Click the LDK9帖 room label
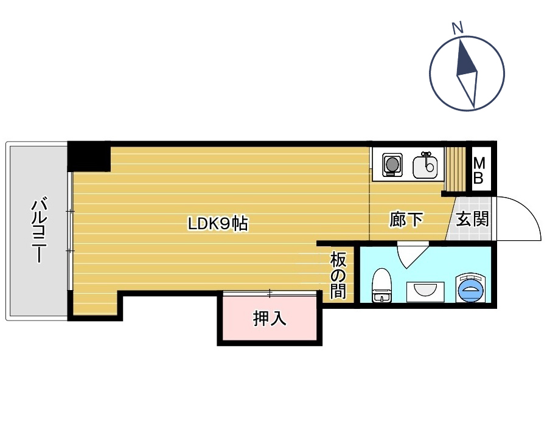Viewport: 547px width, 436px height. coord(218,224)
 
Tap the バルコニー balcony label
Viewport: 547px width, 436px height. coord(39,230)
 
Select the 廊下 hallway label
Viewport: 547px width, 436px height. coord(406,220)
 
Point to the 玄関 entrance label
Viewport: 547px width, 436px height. coord(472,219)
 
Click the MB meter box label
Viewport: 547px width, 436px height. coord(479,170)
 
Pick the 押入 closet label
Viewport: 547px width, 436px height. coord(270,318)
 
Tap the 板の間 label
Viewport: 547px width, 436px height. coord(338,275)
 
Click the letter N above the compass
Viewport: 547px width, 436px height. coord(458,28)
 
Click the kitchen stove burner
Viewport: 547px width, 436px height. coord(392,165)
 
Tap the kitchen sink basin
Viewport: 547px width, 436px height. coord(425,167)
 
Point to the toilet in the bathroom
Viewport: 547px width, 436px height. coord(382,285)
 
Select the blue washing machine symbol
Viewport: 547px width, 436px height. coord(470,288)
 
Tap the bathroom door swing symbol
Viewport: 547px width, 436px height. coord(413,254)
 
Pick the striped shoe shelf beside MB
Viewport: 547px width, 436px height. coord(456,168)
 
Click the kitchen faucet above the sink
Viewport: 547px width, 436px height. coord(426,155)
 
